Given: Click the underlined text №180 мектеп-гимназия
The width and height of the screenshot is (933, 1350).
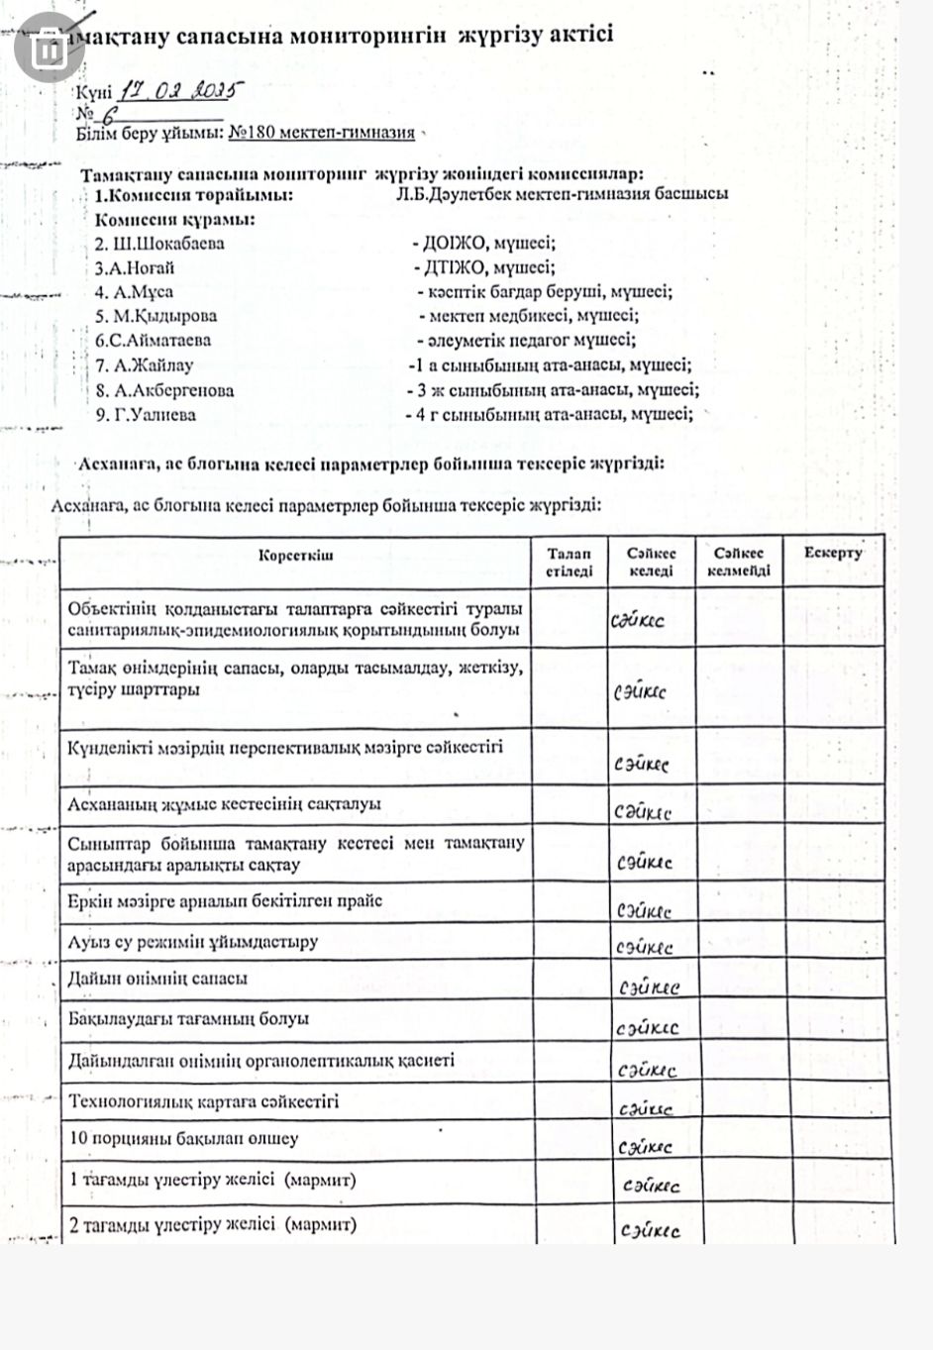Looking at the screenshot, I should click(x=321, y=133).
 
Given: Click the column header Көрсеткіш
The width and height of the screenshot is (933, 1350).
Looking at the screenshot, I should click(x=295, y=555).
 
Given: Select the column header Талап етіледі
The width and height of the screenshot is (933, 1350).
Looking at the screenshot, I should click(x=570, y=562).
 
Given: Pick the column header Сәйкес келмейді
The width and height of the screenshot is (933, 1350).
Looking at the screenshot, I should click(x=739, y=562).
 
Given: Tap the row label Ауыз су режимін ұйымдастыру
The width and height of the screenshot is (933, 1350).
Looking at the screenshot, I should click(x=192, y=941).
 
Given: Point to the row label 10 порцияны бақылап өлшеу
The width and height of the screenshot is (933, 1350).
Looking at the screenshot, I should click(x=183, y=1139).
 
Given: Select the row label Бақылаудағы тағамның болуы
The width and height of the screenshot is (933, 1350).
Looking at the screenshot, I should click(x=188, y=1018).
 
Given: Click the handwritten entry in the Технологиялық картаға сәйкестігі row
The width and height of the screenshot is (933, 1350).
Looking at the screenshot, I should click(x=645, y=1109).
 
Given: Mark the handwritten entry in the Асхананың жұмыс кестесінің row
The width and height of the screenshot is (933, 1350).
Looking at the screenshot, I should click(x=642, y=812).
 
